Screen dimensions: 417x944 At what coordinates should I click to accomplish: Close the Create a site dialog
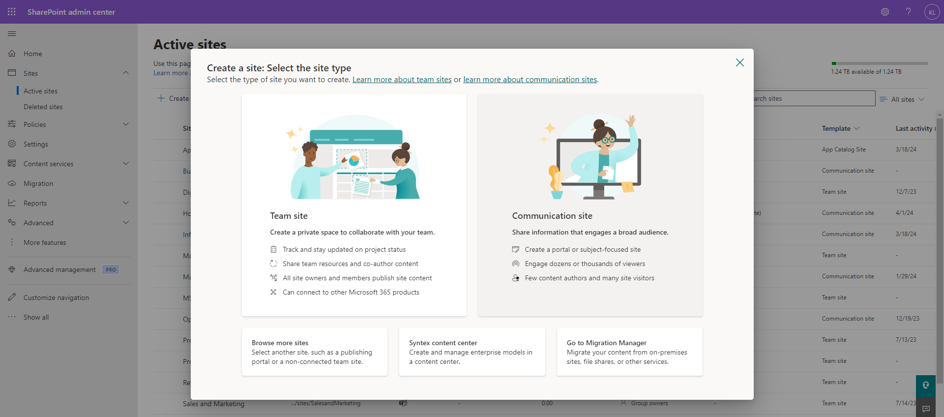pos(739,62)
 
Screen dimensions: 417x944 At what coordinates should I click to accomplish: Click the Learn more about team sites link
pos(402,80)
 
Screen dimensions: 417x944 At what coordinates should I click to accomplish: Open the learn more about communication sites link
pos(530,80)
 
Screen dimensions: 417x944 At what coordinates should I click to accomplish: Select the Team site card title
pos(289,216)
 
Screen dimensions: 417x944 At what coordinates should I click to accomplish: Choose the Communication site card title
pos(552,216)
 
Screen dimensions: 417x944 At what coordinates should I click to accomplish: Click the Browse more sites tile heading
pos(280,343)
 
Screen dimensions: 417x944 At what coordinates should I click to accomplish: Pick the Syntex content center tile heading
pos(442,343)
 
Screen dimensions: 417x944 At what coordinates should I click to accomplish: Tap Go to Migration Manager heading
pos(606,343)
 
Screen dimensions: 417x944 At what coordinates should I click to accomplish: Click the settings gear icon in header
pos(885,12)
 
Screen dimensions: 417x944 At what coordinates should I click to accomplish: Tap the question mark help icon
pos(908,12)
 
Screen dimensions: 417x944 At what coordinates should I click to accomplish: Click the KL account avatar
pos(932,12)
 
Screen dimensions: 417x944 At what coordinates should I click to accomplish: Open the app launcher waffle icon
pos(12,12)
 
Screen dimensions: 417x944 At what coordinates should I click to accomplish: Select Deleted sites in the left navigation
pos(43,107)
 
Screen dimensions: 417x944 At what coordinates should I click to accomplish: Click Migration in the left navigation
pos(38,183)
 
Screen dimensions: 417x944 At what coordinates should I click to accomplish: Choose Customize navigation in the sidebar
pos(56,298)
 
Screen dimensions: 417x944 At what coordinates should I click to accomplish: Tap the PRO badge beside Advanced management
pos(111,269)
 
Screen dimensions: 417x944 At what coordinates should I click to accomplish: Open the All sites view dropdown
pos(902,99)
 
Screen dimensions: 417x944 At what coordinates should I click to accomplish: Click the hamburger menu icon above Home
pos(12,33)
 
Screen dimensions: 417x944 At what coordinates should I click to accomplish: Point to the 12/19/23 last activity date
pos(907,319)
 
